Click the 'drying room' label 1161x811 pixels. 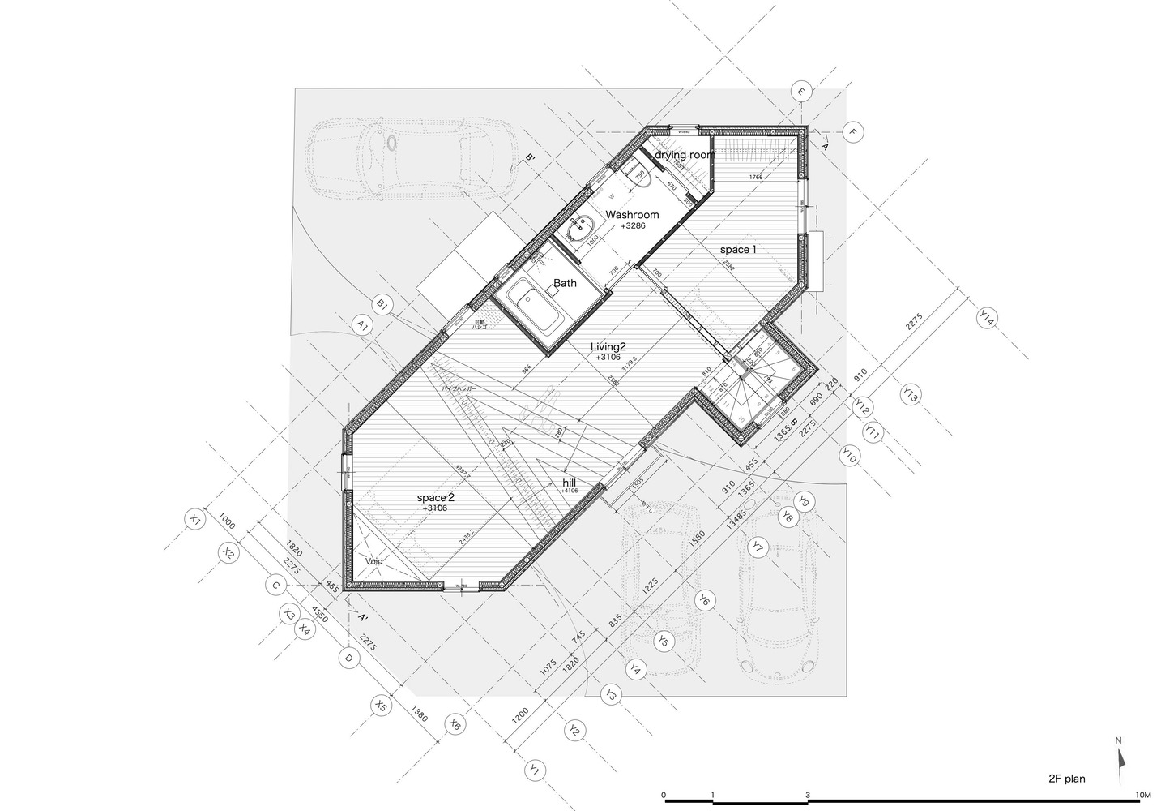(685, 154)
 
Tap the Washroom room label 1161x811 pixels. (632, 215)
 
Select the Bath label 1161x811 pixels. (565, 283)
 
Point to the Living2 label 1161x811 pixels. (608, 346)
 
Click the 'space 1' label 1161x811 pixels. (738, 250)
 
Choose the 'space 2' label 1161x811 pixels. (436, 497)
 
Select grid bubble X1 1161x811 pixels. (194, 518)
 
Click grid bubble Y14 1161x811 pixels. (985, 318)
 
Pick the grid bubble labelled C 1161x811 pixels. (275, 585)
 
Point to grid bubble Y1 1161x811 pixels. (533, 770)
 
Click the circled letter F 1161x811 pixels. (852, 131)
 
